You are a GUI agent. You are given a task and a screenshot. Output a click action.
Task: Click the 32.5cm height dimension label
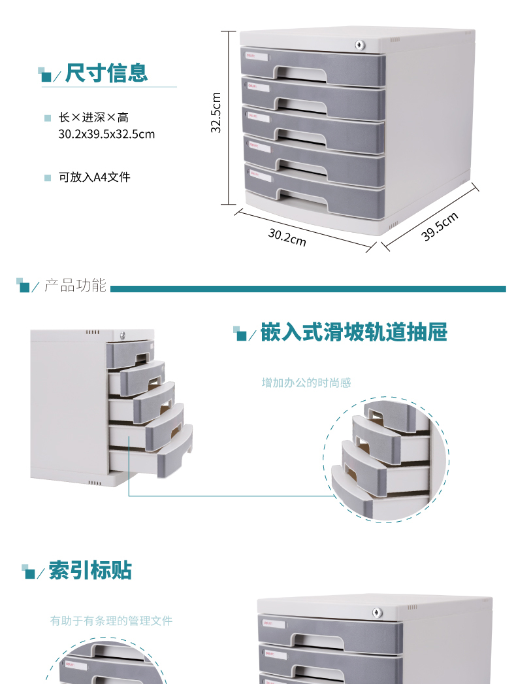tap(217, 112)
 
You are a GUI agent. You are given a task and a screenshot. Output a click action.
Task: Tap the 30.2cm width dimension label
tap(287, 237)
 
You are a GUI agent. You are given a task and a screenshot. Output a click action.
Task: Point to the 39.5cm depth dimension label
tap(440, 227)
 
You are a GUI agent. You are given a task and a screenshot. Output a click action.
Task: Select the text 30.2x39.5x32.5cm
tap(106, 134)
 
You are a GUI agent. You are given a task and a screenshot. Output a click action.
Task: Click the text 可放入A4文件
tap(95, 177)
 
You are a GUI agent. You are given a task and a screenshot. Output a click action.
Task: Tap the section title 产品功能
tap(75, 286)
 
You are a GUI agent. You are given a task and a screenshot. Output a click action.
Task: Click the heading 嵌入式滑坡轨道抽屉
tap(353, 332)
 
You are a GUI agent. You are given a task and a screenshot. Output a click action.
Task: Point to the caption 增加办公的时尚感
tap(306, 383)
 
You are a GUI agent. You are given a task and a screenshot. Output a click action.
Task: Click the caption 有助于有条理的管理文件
tap(112, 621)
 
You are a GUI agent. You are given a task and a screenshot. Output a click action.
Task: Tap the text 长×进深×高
tap(93, 118)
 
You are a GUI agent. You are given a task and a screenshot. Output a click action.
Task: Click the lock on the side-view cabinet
tap(125, 335)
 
